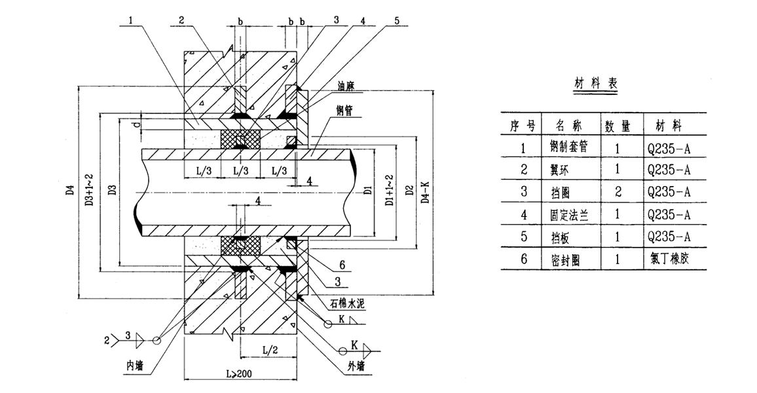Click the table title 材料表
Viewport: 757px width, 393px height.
coord(595,84)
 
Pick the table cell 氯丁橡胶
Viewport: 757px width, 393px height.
coord(667,259)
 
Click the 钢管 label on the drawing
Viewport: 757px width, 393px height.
coord(344,111)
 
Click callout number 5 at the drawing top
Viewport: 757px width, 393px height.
coord(396,20)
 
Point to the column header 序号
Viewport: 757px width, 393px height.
coord(523,124)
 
